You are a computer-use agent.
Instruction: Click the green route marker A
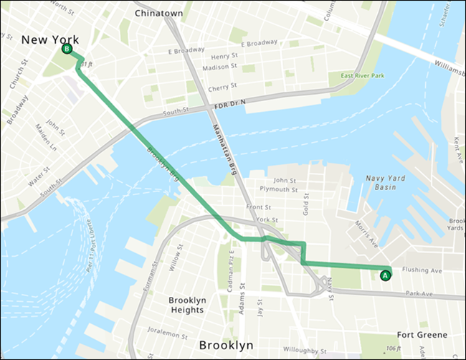click(x=385, y=274)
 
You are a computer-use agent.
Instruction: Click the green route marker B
click(x=67, y=49)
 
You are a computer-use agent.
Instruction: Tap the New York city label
click(x=49, y=39)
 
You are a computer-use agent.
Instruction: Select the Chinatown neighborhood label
click(x=158, y=14)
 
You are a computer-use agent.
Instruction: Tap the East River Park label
click(x=363, y=75)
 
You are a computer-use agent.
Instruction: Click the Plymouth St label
click(x=280, y=190)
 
